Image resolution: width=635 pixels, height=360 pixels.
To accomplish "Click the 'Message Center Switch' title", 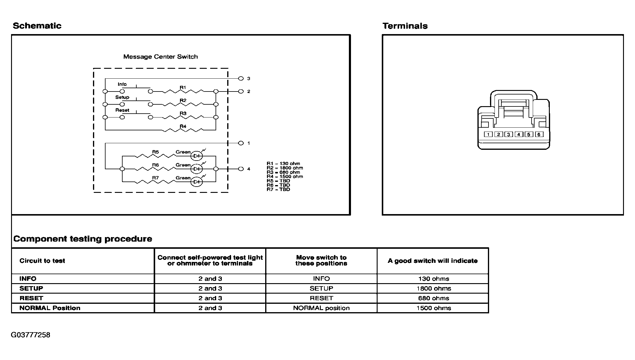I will (x=161, y=57).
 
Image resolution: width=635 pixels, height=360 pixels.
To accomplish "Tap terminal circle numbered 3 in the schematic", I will (x=241, y=79).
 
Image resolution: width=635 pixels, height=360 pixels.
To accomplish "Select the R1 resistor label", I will (x=183, y=88).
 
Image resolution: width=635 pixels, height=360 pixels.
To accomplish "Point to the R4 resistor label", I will (x=183, y=126).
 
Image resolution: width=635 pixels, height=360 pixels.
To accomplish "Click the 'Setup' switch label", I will (x=122, y=97).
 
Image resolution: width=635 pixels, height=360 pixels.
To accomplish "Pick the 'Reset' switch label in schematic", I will (x=122, y=110).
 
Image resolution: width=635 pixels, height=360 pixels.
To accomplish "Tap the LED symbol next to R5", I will (x=197, y=156).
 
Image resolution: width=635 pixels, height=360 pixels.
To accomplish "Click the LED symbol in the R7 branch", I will (x=197, y=182).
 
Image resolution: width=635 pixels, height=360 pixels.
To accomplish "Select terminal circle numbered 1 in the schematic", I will (x=241, y=143).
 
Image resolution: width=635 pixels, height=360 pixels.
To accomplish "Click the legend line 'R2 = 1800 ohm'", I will (x=285, y=168).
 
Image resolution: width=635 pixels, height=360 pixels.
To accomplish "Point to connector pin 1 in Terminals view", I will (x=488, y=135).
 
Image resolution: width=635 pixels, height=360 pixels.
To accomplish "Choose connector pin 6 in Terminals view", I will (x=539, y=135).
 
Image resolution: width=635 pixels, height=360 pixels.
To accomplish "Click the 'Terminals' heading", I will (x=405, y=26).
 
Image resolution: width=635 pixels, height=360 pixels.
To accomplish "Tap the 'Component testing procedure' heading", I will (x=83, y=239).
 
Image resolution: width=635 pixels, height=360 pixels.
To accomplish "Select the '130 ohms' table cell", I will (x=433, y=279).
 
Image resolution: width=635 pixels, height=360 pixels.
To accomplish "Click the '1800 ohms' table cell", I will (x=433, y=289).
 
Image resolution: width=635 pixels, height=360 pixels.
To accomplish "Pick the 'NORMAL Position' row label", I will (x=50, y=308).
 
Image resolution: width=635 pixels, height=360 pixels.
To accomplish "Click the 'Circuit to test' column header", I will (x=42, y=261).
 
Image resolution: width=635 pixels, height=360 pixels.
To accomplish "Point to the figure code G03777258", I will (x=30, y=335).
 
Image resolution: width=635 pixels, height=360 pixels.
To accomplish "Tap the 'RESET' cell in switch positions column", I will (x=321, y=298).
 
